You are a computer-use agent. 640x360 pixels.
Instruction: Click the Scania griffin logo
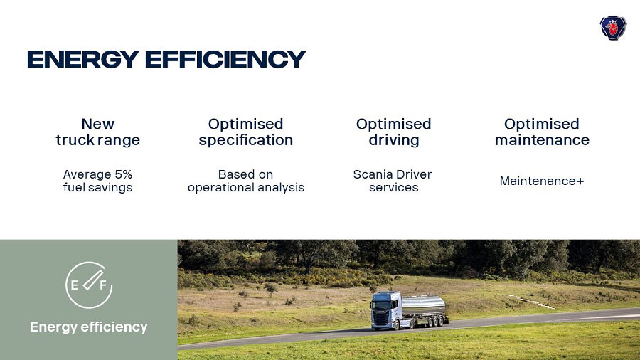pyautogui.click(x=613, y=28)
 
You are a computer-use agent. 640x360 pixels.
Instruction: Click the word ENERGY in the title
pyautogui.click(x=83, y=59)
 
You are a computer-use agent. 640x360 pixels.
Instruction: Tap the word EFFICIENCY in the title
pyautogui.click(x=225, y=59)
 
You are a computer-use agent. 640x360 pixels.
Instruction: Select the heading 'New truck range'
pyautogui.click(x=98, y=132)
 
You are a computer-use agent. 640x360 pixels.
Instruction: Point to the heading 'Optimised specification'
pyautogui.click(x=246, y=132)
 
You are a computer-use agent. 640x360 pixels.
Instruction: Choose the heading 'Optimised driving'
pyautogui.click(x=393, y=132)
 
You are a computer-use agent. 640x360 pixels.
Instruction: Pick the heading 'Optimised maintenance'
pyautogui.click(x=542, y=132)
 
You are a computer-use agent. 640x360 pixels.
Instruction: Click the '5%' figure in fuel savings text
pyautogui.click(x=123, y=174)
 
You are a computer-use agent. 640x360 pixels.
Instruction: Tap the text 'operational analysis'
pyautogui.click(x=246, y=187)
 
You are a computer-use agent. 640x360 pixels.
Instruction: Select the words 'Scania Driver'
pyautogui.click(x=393, y=174)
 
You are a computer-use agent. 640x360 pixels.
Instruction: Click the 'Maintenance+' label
pyautogui.click(x=542, y=181)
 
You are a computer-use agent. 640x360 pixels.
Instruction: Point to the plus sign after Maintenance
pyautogui.click(x=580, y=181)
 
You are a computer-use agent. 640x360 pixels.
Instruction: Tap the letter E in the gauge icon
pyautogui.click(x=74, y=285)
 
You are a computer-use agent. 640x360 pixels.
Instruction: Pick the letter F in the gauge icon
pyautogui.click(x=103, y=285)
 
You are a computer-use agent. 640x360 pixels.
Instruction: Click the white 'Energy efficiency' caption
pyautogui.click(x=89, y=327)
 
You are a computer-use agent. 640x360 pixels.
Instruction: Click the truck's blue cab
pyautogui.click(x=385, y=311)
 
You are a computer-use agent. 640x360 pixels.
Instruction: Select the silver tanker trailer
pyautogui.click(x=424, y=305)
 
